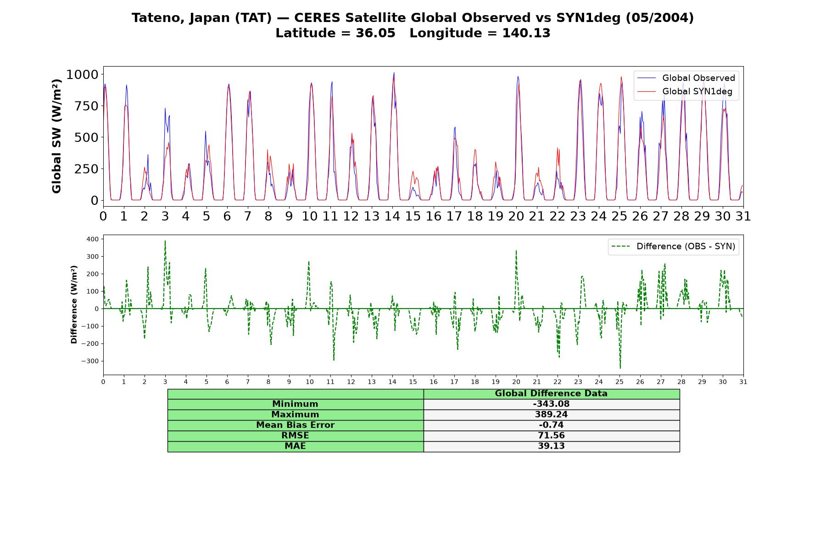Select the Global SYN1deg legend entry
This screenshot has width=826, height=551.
(x=685, y=91)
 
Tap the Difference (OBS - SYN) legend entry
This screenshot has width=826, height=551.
(x=674, y=247)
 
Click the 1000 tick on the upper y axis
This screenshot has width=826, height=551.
(x=82, y=74)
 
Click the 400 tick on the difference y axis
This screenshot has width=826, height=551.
(x=92, y=239)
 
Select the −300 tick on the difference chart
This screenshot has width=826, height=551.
(x=90, y=361)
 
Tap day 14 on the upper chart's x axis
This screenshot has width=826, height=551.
(x=392, y=216)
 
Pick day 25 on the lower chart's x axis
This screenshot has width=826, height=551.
(x=619, y=382)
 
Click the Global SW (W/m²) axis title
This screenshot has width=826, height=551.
(x=56, y=136)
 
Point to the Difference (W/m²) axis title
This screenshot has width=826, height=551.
(x=74, y=305)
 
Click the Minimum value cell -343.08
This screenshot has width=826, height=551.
(x=551, y=404)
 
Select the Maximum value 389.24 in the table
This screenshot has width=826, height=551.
(x=551, y=415)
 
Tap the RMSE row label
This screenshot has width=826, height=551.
(x=295, y=436)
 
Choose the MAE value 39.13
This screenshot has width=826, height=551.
(x=551, y=446)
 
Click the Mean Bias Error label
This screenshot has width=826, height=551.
(x=295, y=425)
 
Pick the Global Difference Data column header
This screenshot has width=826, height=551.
(x=551, y=394)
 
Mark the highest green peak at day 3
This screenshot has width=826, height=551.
(x=165, y=241)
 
